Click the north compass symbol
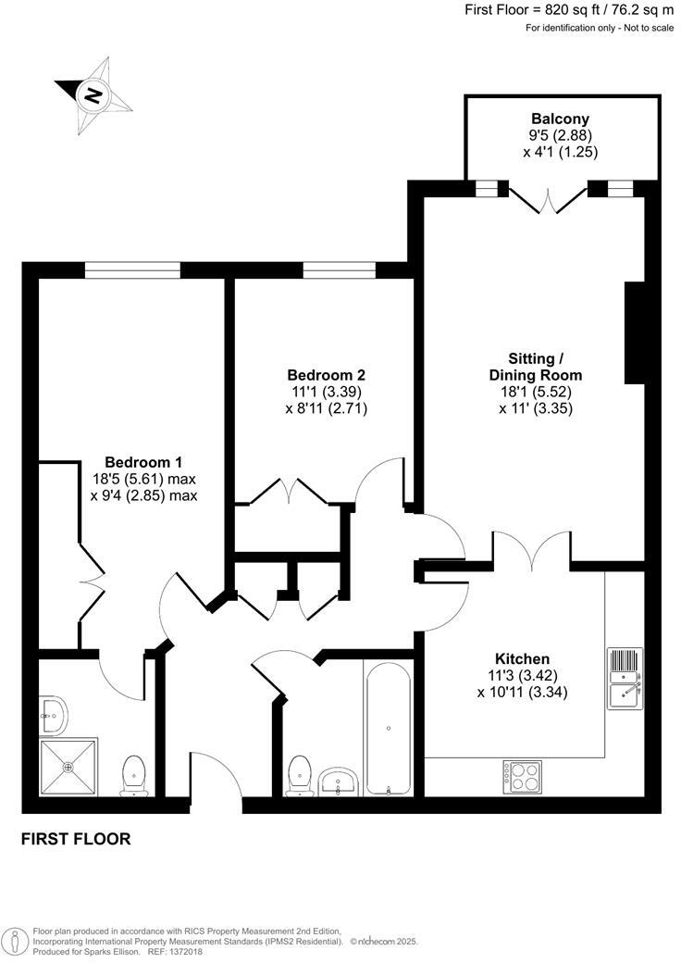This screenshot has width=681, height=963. (x=93, y=95)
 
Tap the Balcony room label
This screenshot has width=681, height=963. (x=560, y=119)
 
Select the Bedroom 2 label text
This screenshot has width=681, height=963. (x=326, y=375)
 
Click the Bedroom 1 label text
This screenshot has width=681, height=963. (x=143, y=462)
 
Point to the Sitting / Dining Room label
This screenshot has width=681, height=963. (x=536, y=367)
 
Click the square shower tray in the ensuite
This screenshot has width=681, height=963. (x=68, y=767)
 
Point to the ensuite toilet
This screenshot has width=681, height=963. (x=134, y=775)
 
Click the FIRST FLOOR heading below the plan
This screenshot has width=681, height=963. (x=76, y=840)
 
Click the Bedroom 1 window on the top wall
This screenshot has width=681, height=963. (x=131, y=269)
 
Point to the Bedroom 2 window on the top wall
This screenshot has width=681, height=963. (x=339, y=269)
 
